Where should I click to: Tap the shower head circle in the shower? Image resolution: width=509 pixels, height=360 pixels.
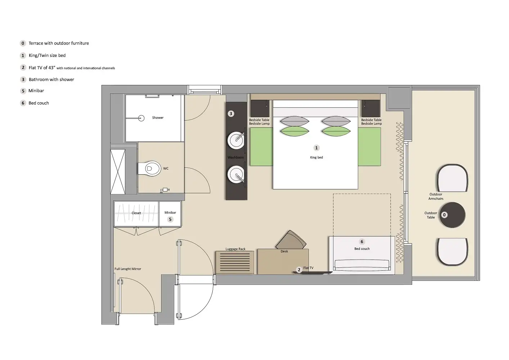141,118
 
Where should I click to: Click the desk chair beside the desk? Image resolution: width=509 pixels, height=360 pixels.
291,240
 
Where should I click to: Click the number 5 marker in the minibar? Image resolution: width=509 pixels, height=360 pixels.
170,219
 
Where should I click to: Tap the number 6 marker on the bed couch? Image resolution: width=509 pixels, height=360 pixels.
362,242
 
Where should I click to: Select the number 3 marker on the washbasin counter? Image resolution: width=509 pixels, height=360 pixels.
231,114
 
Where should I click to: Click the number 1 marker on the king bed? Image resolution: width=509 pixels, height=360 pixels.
316,148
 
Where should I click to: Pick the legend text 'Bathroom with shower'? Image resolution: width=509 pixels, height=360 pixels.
51,80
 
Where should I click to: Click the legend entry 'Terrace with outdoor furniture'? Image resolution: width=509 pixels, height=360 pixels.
59,43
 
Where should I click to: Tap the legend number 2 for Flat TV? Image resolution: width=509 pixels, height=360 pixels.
23,68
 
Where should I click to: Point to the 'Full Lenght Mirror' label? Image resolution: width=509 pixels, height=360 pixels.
128,269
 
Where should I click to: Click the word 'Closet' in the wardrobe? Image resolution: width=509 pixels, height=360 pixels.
136,213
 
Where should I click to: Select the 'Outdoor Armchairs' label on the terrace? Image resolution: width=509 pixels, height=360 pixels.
436,196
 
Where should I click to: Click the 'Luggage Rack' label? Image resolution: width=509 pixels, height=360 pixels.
235,249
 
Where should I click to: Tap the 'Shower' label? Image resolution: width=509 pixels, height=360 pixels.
158,118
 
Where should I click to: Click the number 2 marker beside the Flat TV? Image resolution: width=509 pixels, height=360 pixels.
299,270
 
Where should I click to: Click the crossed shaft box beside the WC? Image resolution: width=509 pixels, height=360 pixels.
118,172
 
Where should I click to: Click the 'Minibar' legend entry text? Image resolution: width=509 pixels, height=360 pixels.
36,91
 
